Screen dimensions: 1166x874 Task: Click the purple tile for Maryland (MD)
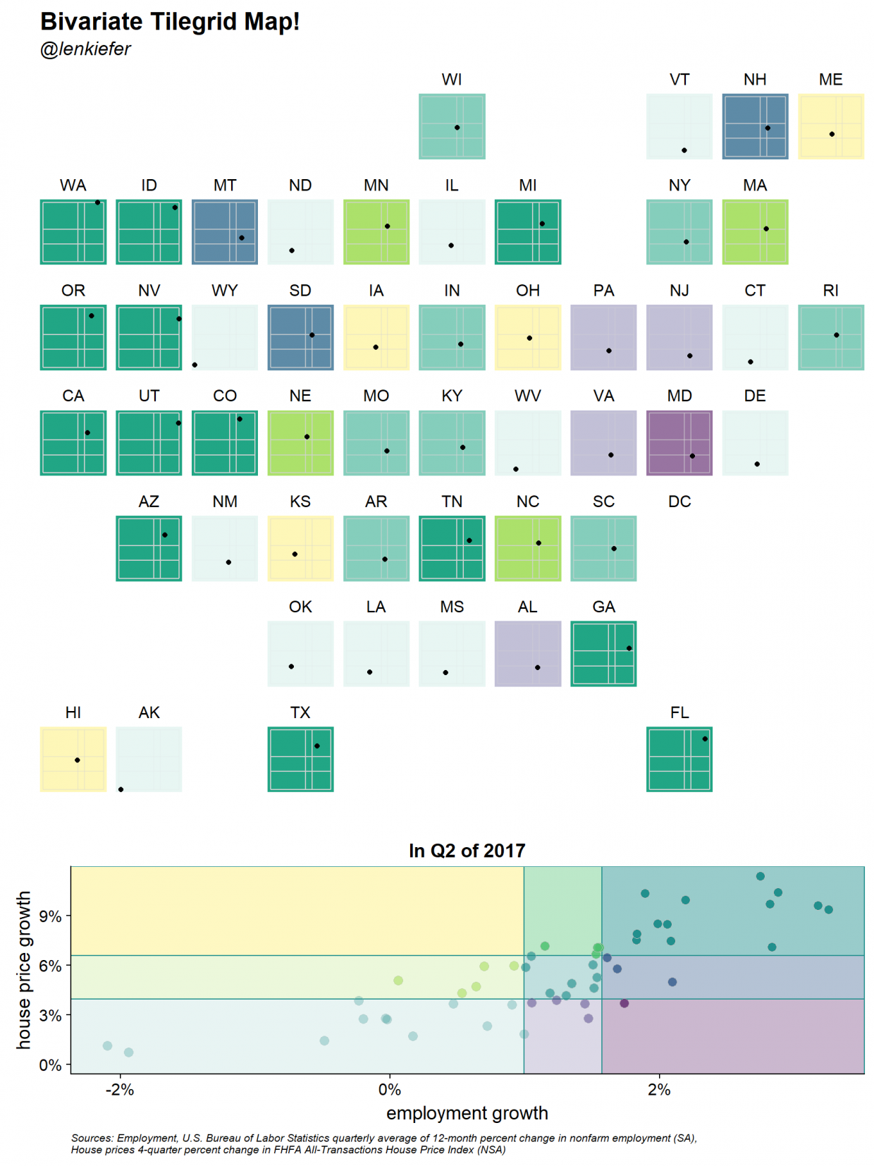pos(679,442)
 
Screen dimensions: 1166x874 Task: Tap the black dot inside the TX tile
pos(316,746)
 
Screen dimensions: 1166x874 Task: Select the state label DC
pos(679,502)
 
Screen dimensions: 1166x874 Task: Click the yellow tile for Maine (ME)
pos(830,126)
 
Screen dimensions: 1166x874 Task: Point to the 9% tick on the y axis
pos(50,916)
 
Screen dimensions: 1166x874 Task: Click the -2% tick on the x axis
pos(120,1090)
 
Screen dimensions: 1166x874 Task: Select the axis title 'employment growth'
pos(467,1113)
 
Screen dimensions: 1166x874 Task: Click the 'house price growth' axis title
pos(24,970)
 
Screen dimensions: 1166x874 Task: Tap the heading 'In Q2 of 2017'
pos(467,851)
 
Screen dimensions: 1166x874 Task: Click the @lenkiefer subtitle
pos(85,49)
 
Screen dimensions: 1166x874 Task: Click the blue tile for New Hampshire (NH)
pos(754,126)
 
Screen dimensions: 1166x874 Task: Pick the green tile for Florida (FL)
pos(679,759)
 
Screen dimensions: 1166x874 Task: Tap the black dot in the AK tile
pos(121,789)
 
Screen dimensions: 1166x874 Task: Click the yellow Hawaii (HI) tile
pos(73,759)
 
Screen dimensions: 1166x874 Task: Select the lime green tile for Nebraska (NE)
pos(300,442)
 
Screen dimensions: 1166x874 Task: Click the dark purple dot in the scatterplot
pos(624,1003)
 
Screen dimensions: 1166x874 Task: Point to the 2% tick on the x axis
pos(659,1090)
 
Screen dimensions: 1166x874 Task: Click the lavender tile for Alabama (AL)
pos(527,653)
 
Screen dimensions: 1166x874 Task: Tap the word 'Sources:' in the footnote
pos(92,1138)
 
